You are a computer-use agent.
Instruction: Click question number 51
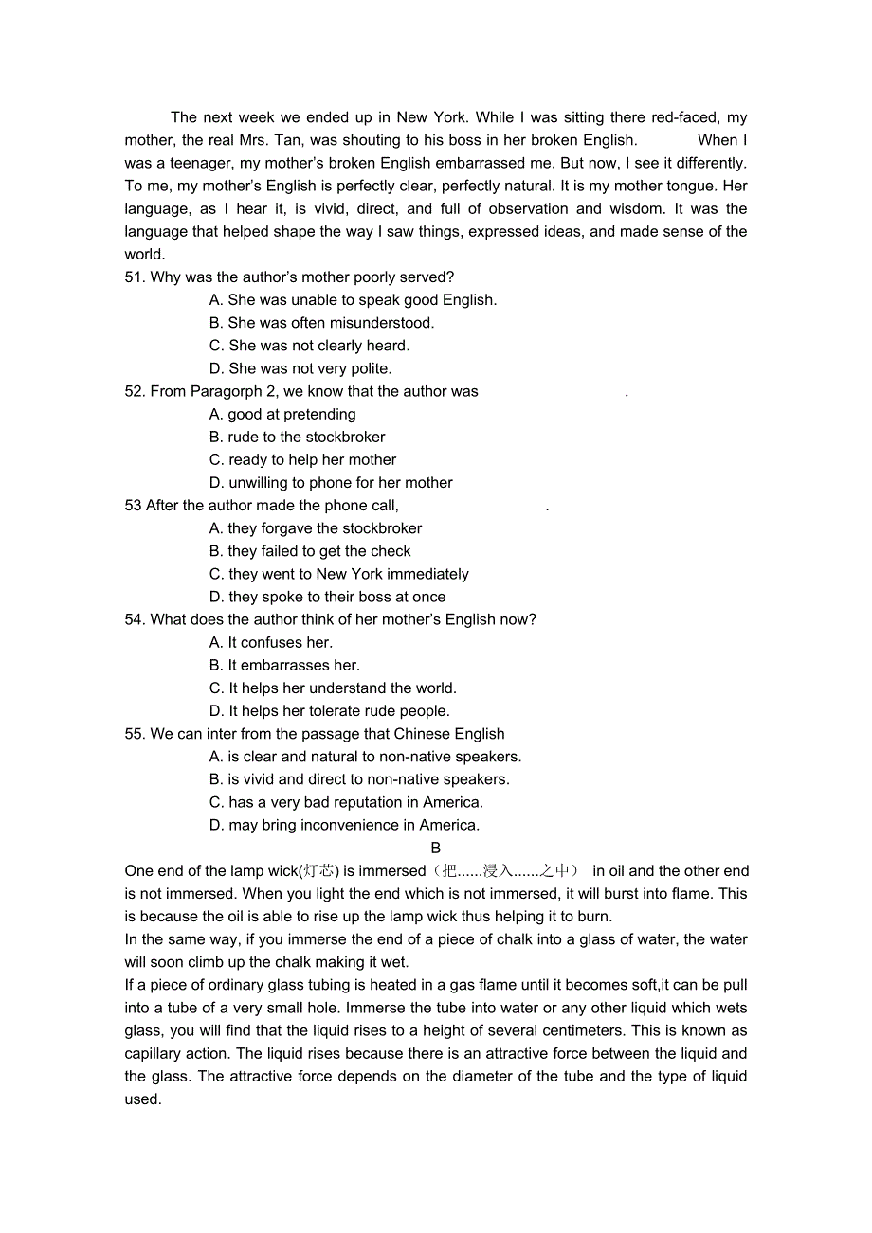(134, 277)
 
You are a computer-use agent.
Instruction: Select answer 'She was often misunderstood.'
(321, 323)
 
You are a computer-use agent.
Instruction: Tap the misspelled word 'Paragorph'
(224, 391)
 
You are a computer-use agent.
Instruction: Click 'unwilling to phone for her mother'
(331, 483)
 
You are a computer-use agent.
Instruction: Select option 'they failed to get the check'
(310, 551)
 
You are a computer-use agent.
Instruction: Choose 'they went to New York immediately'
(338, 574)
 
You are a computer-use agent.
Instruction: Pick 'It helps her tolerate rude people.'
(329, 711)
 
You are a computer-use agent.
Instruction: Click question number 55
(134, 734)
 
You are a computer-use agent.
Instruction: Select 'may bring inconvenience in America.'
(344, 825)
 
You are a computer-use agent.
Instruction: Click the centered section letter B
(436, 848)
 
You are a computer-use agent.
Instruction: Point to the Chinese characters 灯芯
(319, 871)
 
